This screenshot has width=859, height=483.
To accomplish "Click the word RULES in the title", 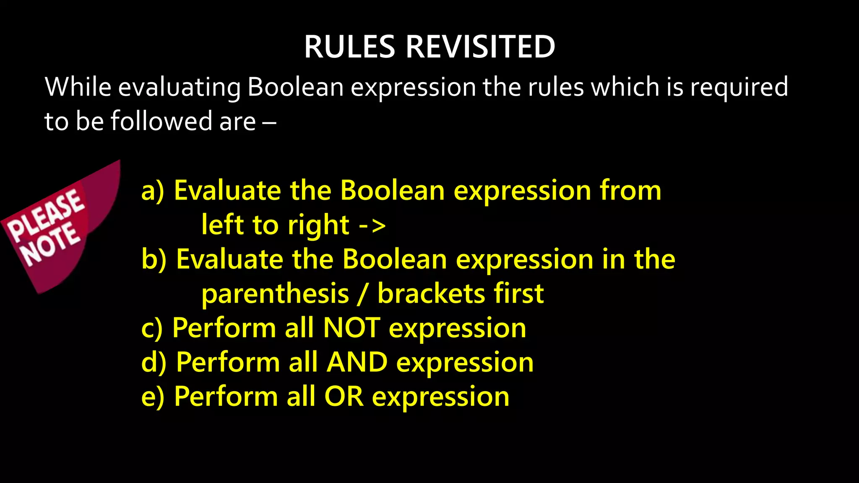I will point(349,47).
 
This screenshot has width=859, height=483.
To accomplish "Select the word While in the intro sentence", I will point(78,87).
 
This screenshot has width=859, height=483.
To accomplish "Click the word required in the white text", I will point(739,88).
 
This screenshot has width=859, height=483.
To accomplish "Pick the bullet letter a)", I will point(153,191).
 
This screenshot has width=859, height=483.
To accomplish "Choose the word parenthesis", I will point(275,294).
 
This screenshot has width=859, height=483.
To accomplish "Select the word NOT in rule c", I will point(351,327).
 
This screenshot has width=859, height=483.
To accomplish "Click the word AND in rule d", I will point(357,362).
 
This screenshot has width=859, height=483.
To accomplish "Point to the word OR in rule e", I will point(344,396).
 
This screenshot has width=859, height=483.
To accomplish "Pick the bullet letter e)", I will point(153,397).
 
